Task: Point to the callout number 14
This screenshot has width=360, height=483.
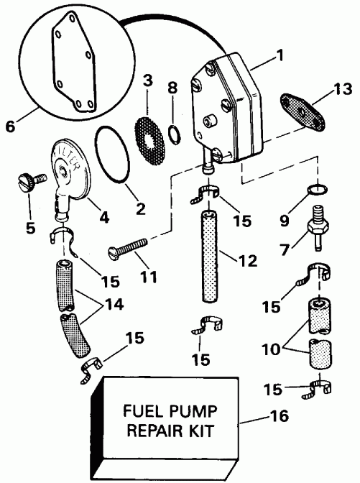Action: pyautogui.click(x=110, y=305)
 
